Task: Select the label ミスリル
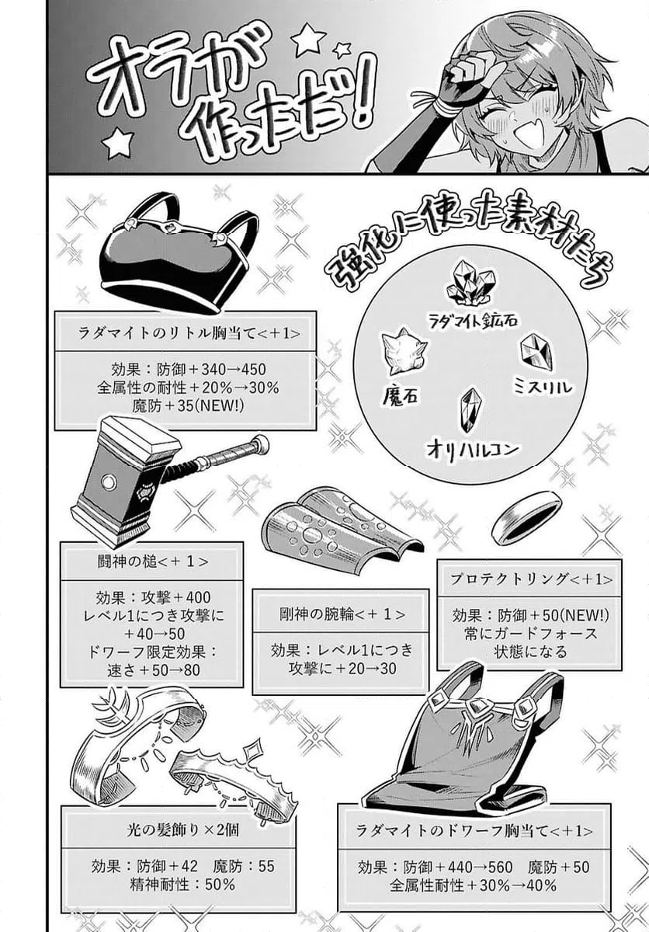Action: pos(543,386)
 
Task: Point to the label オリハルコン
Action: pos(472,448)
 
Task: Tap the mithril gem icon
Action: pos(536,351)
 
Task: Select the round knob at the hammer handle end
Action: pos(261,444)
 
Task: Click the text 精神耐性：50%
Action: pos(178,883)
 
